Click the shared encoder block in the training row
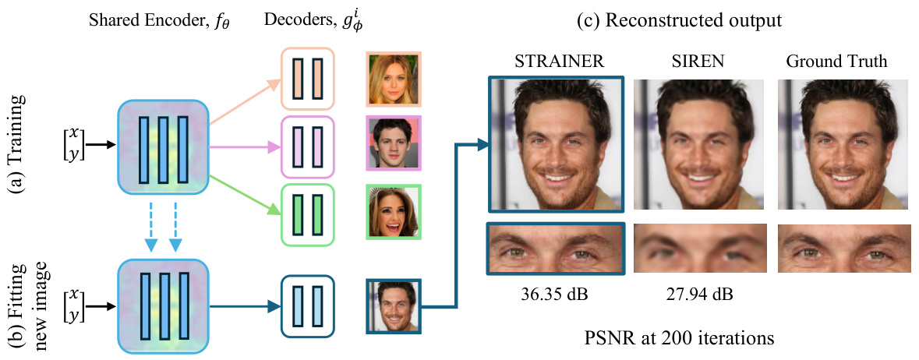point(163,145)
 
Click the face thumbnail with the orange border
point(394,79)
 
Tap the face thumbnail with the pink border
point(394,143)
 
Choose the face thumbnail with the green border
point(394,211)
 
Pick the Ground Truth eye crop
point(844,249)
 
